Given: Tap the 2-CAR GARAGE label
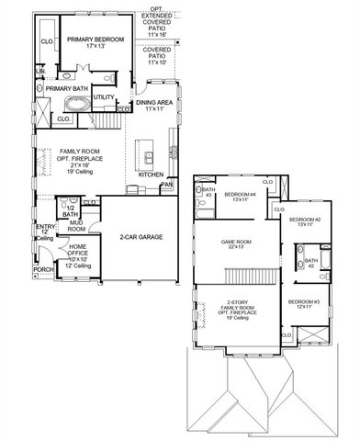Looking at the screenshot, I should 141,236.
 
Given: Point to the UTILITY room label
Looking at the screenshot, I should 104,96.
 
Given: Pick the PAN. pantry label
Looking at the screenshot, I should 166,185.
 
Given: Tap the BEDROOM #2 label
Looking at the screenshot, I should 304,221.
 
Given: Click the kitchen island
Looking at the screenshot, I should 144,152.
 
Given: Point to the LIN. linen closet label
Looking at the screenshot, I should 39,71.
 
